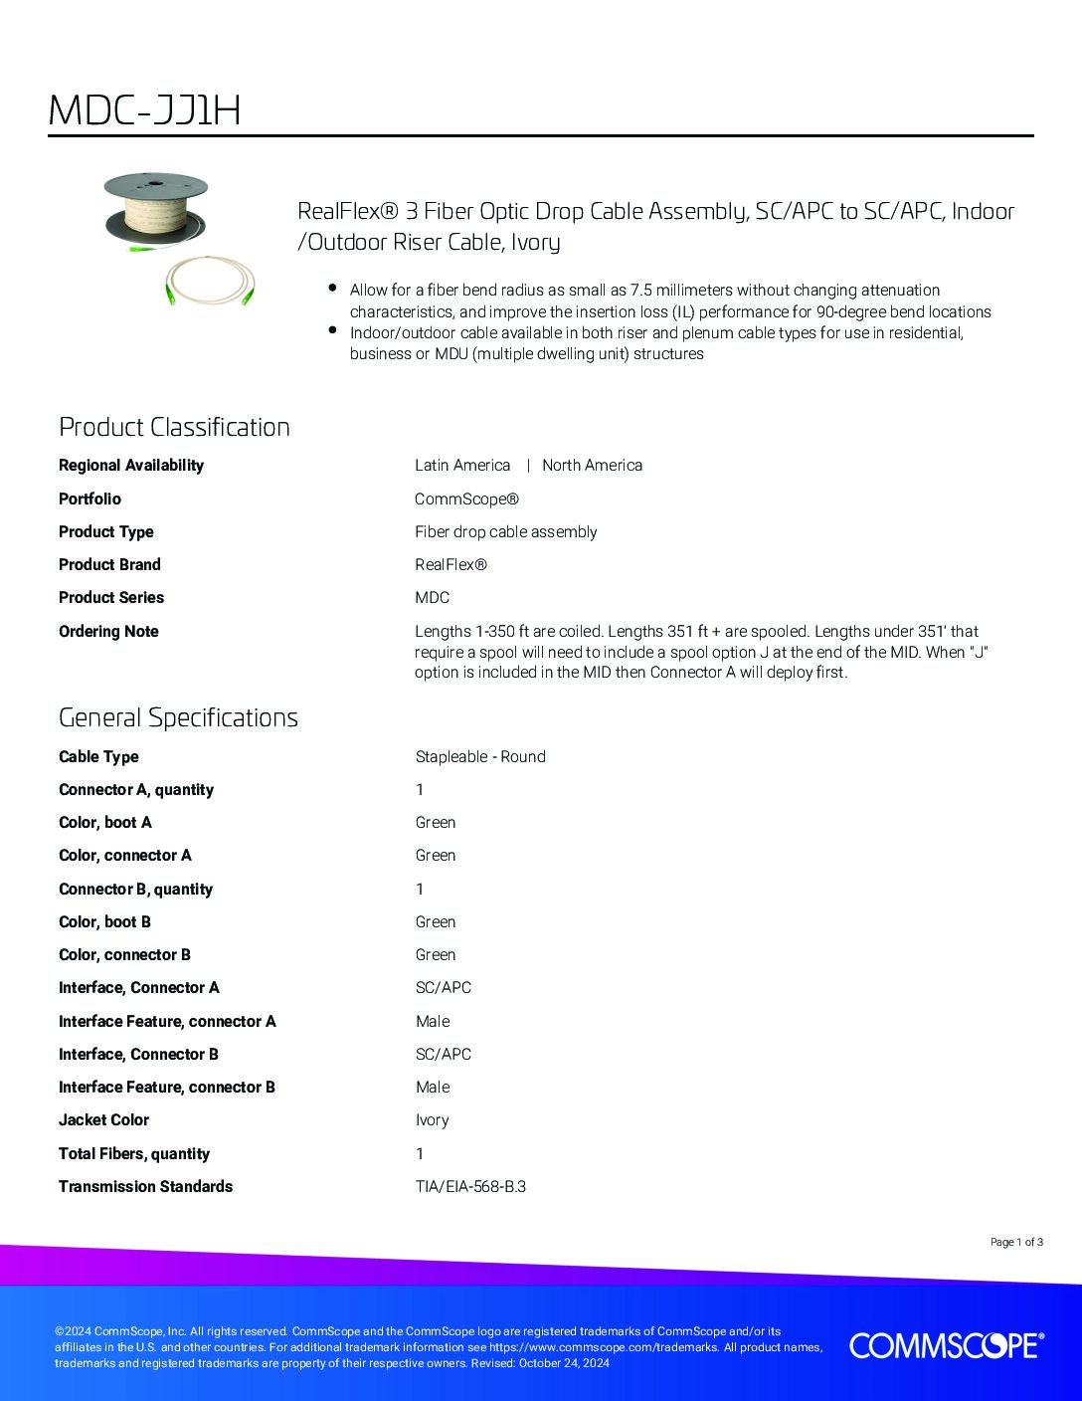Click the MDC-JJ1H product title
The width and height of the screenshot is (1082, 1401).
144,111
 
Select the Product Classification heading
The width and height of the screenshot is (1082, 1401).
174,427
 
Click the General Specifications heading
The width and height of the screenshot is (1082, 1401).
178,717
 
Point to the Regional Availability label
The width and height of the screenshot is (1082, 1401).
131,465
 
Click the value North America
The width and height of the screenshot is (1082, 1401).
592,465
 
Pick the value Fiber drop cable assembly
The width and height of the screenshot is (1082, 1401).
505,531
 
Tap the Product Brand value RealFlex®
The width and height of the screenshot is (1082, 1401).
451,564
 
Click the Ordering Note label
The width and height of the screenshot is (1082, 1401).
108,631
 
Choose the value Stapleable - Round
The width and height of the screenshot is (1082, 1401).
480,756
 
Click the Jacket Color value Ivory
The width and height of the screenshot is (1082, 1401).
432,1119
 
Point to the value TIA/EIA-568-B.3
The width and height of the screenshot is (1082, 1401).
470,1186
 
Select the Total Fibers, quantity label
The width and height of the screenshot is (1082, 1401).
134,1153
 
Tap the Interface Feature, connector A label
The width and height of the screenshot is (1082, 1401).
167,1021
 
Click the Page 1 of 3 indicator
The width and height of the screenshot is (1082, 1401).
1016,1242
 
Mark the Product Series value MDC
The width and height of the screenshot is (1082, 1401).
432,597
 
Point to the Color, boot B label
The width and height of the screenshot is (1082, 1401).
104,921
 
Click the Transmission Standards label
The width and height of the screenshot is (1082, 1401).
145,1186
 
